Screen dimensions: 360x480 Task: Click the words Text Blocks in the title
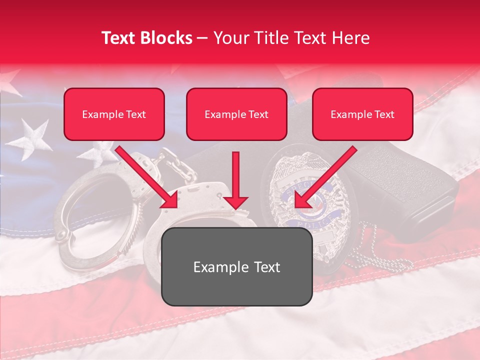[147, 38]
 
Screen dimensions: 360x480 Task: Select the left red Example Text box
[114, 114]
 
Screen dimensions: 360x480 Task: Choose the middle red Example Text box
[236, 114]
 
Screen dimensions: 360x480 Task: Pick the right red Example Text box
[362, 114]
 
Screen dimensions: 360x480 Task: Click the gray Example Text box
[236, 266]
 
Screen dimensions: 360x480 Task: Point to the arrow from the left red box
[147, 177]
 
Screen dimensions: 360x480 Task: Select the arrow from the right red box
[325, 177]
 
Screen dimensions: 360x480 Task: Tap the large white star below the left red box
[33, 137]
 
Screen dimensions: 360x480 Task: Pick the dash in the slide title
[202, 38]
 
